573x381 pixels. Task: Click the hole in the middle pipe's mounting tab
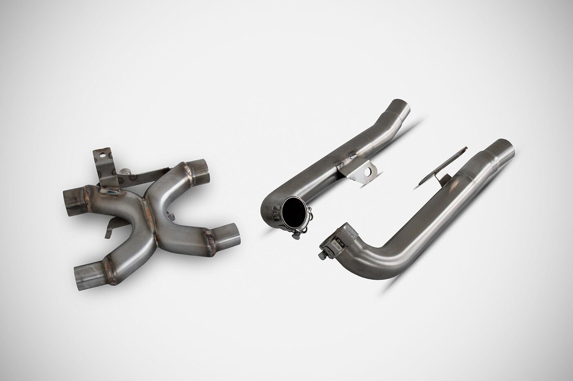(370, 169)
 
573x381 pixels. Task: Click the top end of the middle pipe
(400, 105)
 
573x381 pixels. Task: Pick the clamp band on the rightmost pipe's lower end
(336, 241)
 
